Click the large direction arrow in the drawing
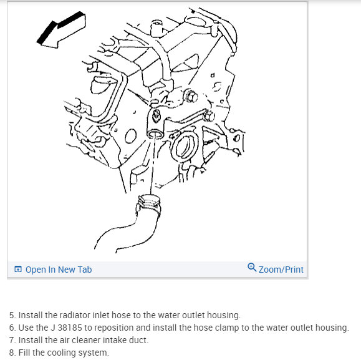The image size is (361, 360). pyautogui.click(x=61, y=30)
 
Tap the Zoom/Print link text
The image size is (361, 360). pyautogui.click(x=281, y=270)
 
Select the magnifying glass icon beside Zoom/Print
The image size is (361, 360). pyautogui.click(x=252, y=268)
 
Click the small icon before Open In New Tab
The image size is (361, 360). pyautogui.click(x=18, y=269)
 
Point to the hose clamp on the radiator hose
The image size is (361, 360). pyautogui.click(x=149, y=203)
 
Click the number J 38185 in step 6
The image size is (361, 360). pyautogui.click(x=66, y=328)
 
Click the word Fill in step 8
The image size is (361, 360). pyautogui.click(x=24, y=353)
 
